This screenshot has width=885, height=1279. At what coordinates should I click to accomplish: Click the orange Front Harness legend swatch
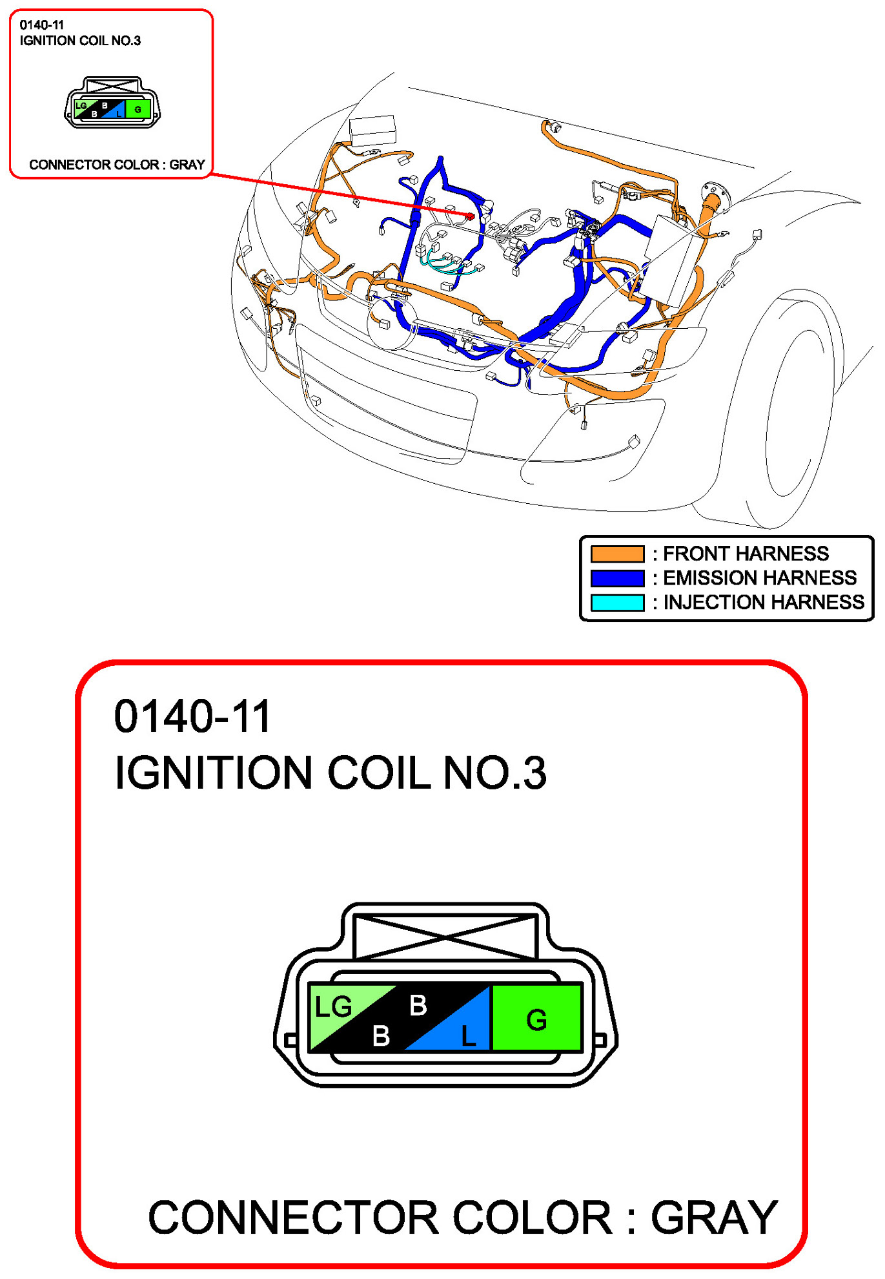[616, 554]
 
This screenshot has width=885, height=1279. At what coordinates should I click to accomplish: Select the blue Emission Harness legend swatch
[616, 577]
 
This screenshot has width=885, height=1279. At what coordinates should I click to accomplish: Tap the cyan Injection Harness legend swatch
[616, 602]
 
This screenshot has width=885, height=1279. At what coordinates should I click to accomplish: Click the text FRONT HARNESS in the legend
[746, 554]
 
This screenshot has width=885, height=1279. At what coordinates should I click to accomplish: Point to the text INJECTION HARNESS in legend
[763, 602]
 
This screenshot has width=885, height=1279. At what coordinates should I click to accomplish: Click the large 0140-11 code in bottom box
[192, 716]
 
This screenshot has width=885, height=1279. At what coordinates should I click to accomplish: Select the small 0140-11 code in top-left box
[42, 25]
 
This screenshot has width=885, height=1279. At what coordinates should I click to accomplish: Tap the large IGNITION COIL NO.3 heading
[330, 773]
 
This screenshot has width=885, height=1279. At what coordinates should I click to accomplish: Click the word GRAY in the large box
[713, 1218]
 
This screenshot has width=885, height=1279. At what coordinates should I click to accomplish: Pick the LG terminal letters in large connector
[333, 1006]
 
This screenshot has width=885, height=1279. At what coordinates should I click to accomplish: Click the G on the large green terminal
[536, 1020]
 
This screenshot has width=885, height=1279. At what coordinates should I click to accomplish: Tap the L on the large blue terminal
[468, 1036]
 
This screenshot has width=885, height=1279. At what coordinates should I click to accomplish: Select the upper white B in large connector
[418, 1005]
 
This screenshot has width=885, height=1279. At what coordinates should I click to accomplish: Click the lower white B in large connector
[381, 1035]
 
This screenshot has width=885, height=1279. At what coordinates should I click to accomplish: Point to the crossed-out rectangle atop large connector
[445, 935]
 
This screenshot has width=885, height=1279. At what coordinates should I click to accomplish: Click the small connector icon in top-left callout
[112, 103]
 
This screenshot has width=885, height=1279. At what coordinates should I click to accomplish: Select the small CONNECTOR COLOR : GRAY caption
[117, 165]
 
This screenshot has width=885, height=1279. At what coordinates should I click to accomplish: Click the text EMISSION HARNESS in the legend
[760, 577]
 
